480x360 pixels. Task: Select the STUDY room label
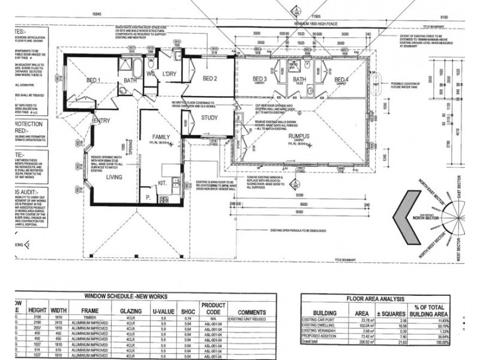point(209,118)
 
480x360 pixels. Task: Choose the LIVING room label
point(114,178)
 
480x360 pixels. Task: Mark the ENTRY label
point(100,122)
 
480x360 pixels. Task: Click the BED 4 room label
point(341,80)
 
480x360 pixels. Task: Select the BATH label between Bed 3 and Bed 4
point(299,80)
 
